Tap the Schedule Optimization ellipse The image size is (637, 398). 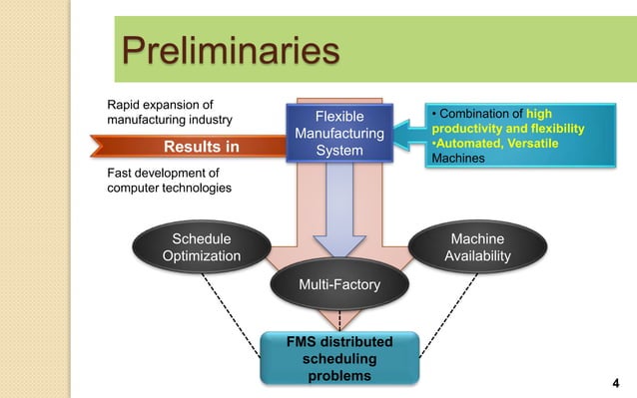202,247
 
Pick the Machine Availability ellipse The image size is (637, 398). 478,247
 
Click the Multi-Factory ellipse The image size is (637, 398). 339,286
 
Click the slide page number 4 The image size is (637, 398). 614,383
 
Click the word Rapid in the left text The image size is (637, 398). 125,103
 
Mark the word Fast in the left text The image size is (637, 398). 122,172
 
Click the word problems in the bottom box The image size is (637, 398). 338,376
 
